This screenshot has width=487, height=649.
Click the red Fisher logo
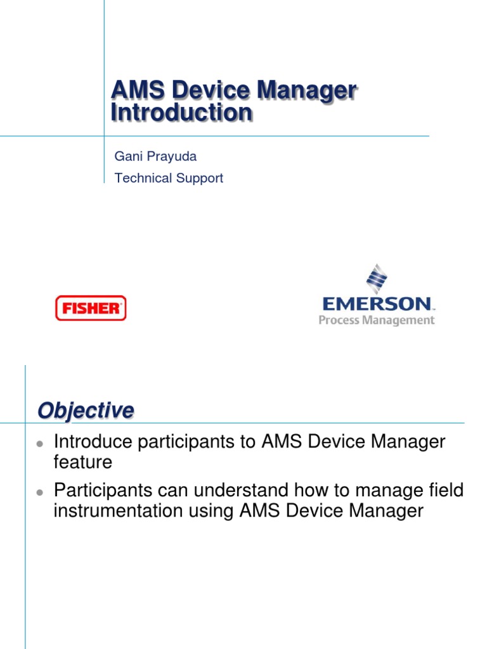pos(91,308)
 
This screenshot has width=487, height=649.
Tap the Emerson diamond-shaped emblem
pos(377,280)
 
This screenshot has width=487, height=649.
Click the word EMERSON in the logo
pos(377,304)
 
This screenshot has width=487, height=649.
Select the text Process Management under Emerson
pos(377,320)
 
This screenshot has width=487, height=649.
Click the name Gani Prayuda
pos(146,156)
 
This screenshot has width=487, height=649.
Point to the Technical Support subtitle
pos(169,178)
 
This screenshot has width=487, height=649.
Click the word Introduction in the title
pos(181,113)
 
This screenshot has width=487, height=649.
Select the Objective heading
pos(86,411)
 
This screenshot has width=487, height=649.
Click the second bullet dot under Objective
pos(39,492)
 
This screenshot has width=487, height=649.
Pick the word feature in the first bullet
pos(83,462)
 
